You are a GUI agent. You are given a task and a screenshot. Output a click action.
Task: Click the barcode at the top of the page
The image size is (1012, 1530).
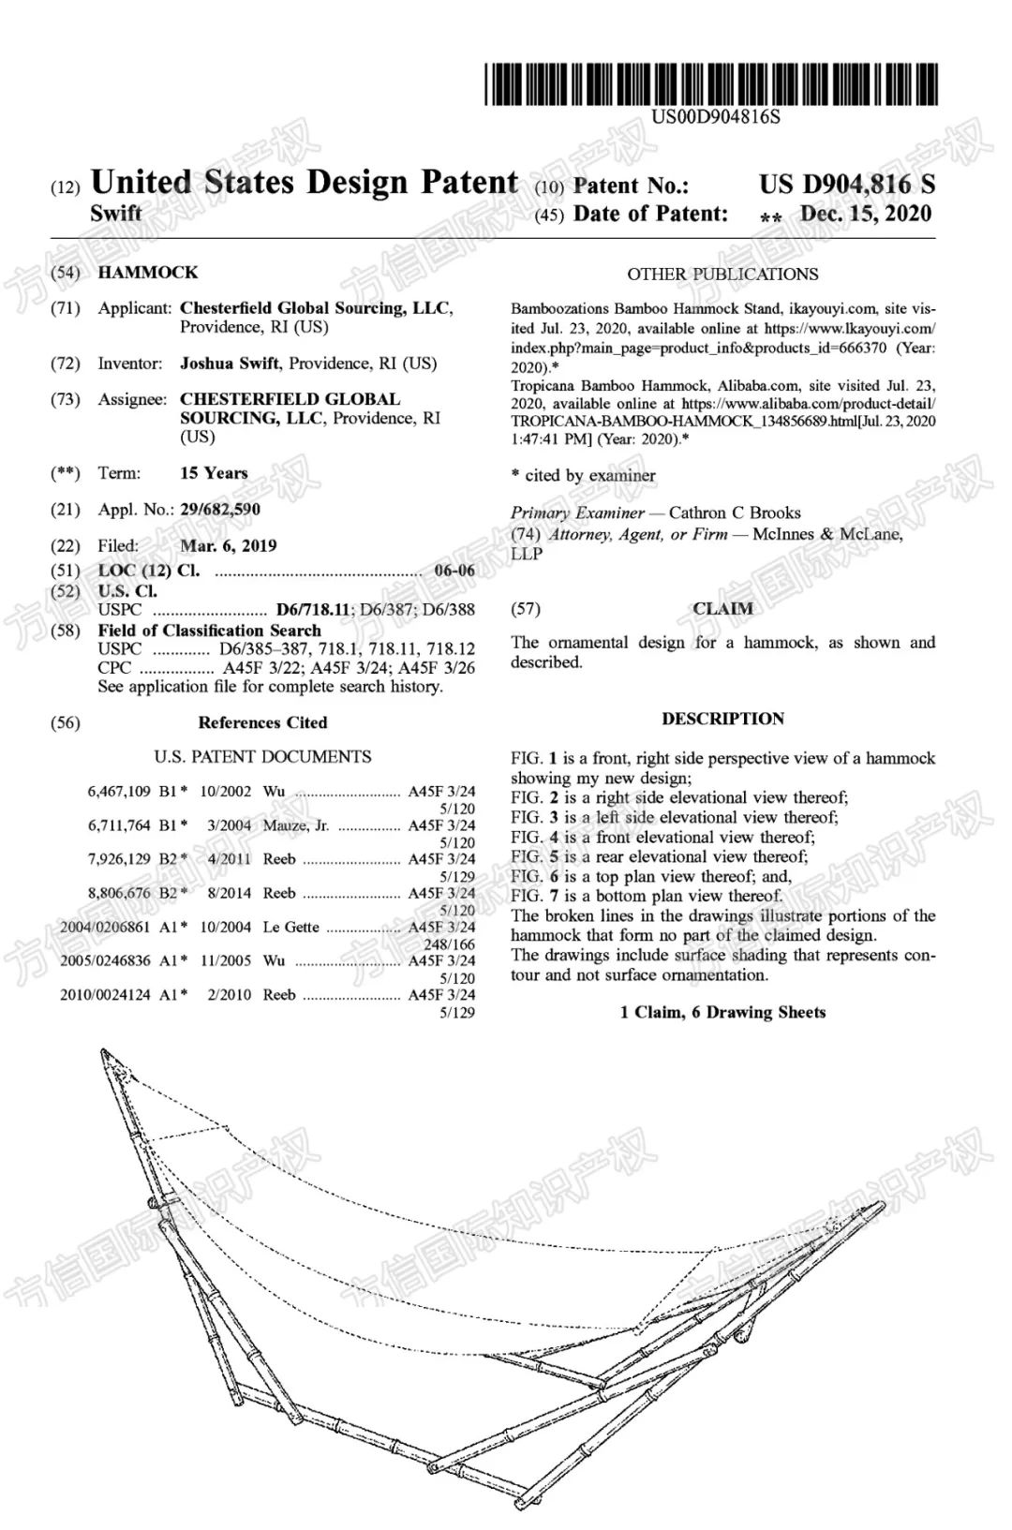tap(710, 84)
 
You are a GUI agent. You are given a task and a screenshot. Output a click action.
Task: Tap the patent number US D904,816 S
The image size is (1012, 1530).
tap(846, 184)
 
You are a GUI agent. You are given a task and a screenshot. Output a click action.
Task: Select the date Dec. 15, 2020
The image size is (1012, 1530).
tap(865, 214)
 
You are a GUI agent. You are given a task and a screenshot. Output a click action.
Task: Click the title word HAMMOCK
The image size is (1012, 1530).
tap(148, 273)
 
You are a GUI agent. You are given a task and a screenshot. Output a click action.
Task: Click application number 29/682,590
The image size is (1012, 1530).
tap(220, 510)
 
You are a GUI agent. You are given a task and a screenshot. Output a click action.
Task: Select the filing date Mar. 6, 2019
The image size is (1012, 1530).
tap(228, 546)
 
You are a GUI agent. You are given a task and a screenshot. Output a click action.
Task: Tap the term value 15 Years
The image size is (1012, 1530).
tap(214, 473)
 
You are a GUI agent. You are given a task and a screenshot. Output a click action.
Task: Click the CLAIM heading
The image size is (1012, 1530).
tap(722, 609)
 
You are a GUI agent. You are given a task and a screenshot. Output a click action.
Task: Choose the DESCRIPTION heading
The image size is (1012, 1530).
tap(722, 720)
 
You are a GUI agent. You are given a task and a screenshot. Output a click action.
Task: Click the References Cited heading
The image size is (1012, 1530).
tap(262, 722)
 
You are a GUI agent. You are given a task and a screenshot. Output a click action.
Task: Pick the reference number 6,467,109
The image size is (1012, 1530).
tap(119, 792)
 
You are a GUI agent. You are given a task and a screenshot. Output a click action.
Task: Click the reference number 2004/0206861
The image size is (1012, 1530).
tap(105, 928)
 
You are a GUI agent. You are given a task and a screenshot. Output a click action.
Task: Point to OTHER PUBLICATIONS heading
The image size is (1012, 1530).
tap(722, 275)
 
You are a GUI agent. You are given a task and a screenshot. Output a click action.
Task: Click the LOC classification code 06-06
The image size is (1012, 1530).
tap(454, 572)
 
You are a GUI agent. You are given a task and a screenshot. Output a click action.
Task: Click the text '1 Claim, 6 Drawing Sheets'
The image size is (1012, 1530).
tap(722, 1013)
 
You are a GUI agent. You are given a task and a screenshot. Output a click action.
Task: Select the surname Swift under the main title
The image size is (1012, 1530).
tap(116, 214)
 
